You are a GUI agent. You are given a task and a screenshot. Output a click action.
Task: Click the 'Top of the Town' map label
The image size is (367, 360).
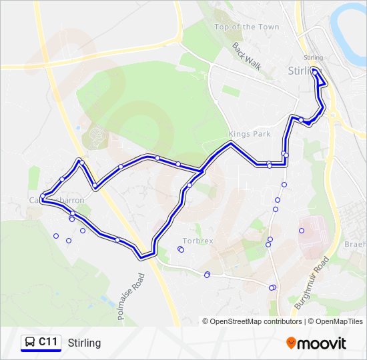coord(247,27)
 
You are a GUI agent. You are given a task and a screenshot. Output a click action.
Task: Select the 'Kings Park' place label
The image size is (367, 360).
coord(250,134)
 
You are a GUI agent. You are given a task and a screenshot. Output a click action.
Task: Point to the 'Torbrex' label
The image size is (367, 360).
coord(198,241)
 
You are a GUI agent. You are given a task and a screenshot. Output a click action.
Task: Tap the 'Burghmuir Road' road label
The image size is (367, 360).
coord(311,287)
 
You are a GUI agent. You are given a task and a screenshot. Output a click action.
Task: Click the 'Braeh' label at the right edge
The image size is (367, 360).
coord(355,245)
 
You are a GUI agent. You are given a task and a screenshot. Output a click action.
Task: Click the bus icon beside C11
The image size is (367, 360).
coord(30,342)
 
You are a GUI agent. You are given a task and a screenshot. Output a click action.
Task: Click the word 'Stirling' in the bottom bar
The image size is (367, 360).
coord(84,343)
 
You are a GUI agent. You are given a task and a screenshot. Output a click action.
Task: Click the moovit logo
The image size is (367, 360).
coord(316,343)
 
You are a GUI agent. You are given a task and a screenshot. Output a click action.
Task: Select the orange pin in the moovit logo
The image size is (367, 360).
coord(292,343)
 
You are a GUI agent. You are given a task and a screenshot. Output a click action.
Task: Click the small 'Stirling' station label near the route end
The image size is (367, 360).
coord(312,58)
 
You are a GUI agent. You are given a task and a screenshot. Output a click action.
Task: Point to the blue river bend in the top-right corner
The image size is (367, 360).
coord(350,20)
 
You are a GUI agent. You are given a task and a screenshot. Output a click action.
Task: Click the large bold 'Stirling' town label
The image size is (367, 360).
coord(304,70)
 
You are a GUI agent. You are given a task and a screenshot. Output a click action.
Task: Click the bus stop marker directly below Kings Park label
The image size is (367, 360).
coord(269,163)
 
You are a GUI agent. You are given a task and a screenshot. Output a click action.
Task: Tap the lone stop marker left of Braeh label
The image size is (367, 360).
coord(302,231)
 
